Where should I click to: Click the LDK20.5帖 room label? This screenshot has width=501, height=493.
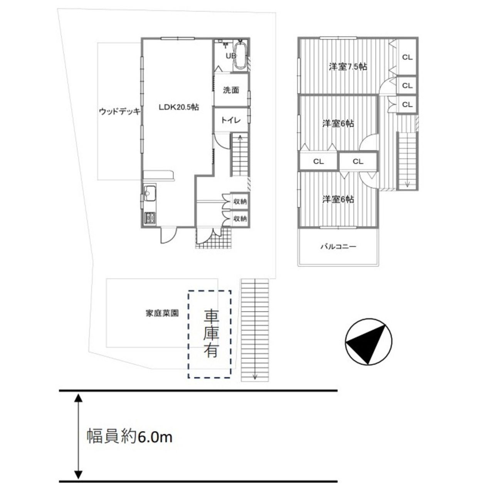pyautogui.click(x=179, y=107)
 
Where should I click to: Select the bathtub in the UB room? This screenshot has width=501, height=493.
pyautogui.click(x=240, y=55)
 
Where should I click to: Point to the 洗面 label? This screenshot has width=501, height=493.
pyautogui.click(x=231, y=90)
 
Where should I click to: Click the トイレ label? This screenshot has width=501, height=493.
pyautogui.click(x=231, y=120)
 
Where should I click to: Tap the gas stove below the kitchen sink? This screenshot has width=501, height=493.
pyautogui.click(x=150, y=218)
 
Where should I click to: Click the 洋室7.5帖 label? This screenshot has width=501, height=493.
pyautogui.click(x=348, y=67)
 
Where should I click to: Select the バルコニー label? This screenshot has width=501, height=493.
pyautogui.click(x=338, y=246)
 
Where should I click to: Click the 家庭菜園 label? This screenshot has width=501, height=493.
pyautogui.click(x=162, y=313)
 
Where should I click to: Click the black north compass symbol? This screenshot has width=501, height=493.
pyautogui.click(x=368, y=342)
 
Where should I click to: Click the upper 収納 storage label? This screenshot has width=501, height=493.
pyautogui.click(x=240, y=201)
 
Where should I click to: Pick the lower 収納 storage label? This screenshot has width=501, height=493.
pyautogui.click(x=240, y=219)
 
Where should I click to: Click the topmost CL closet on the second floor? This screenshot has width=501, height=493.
pyautogui.click(x=407, y=57)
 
